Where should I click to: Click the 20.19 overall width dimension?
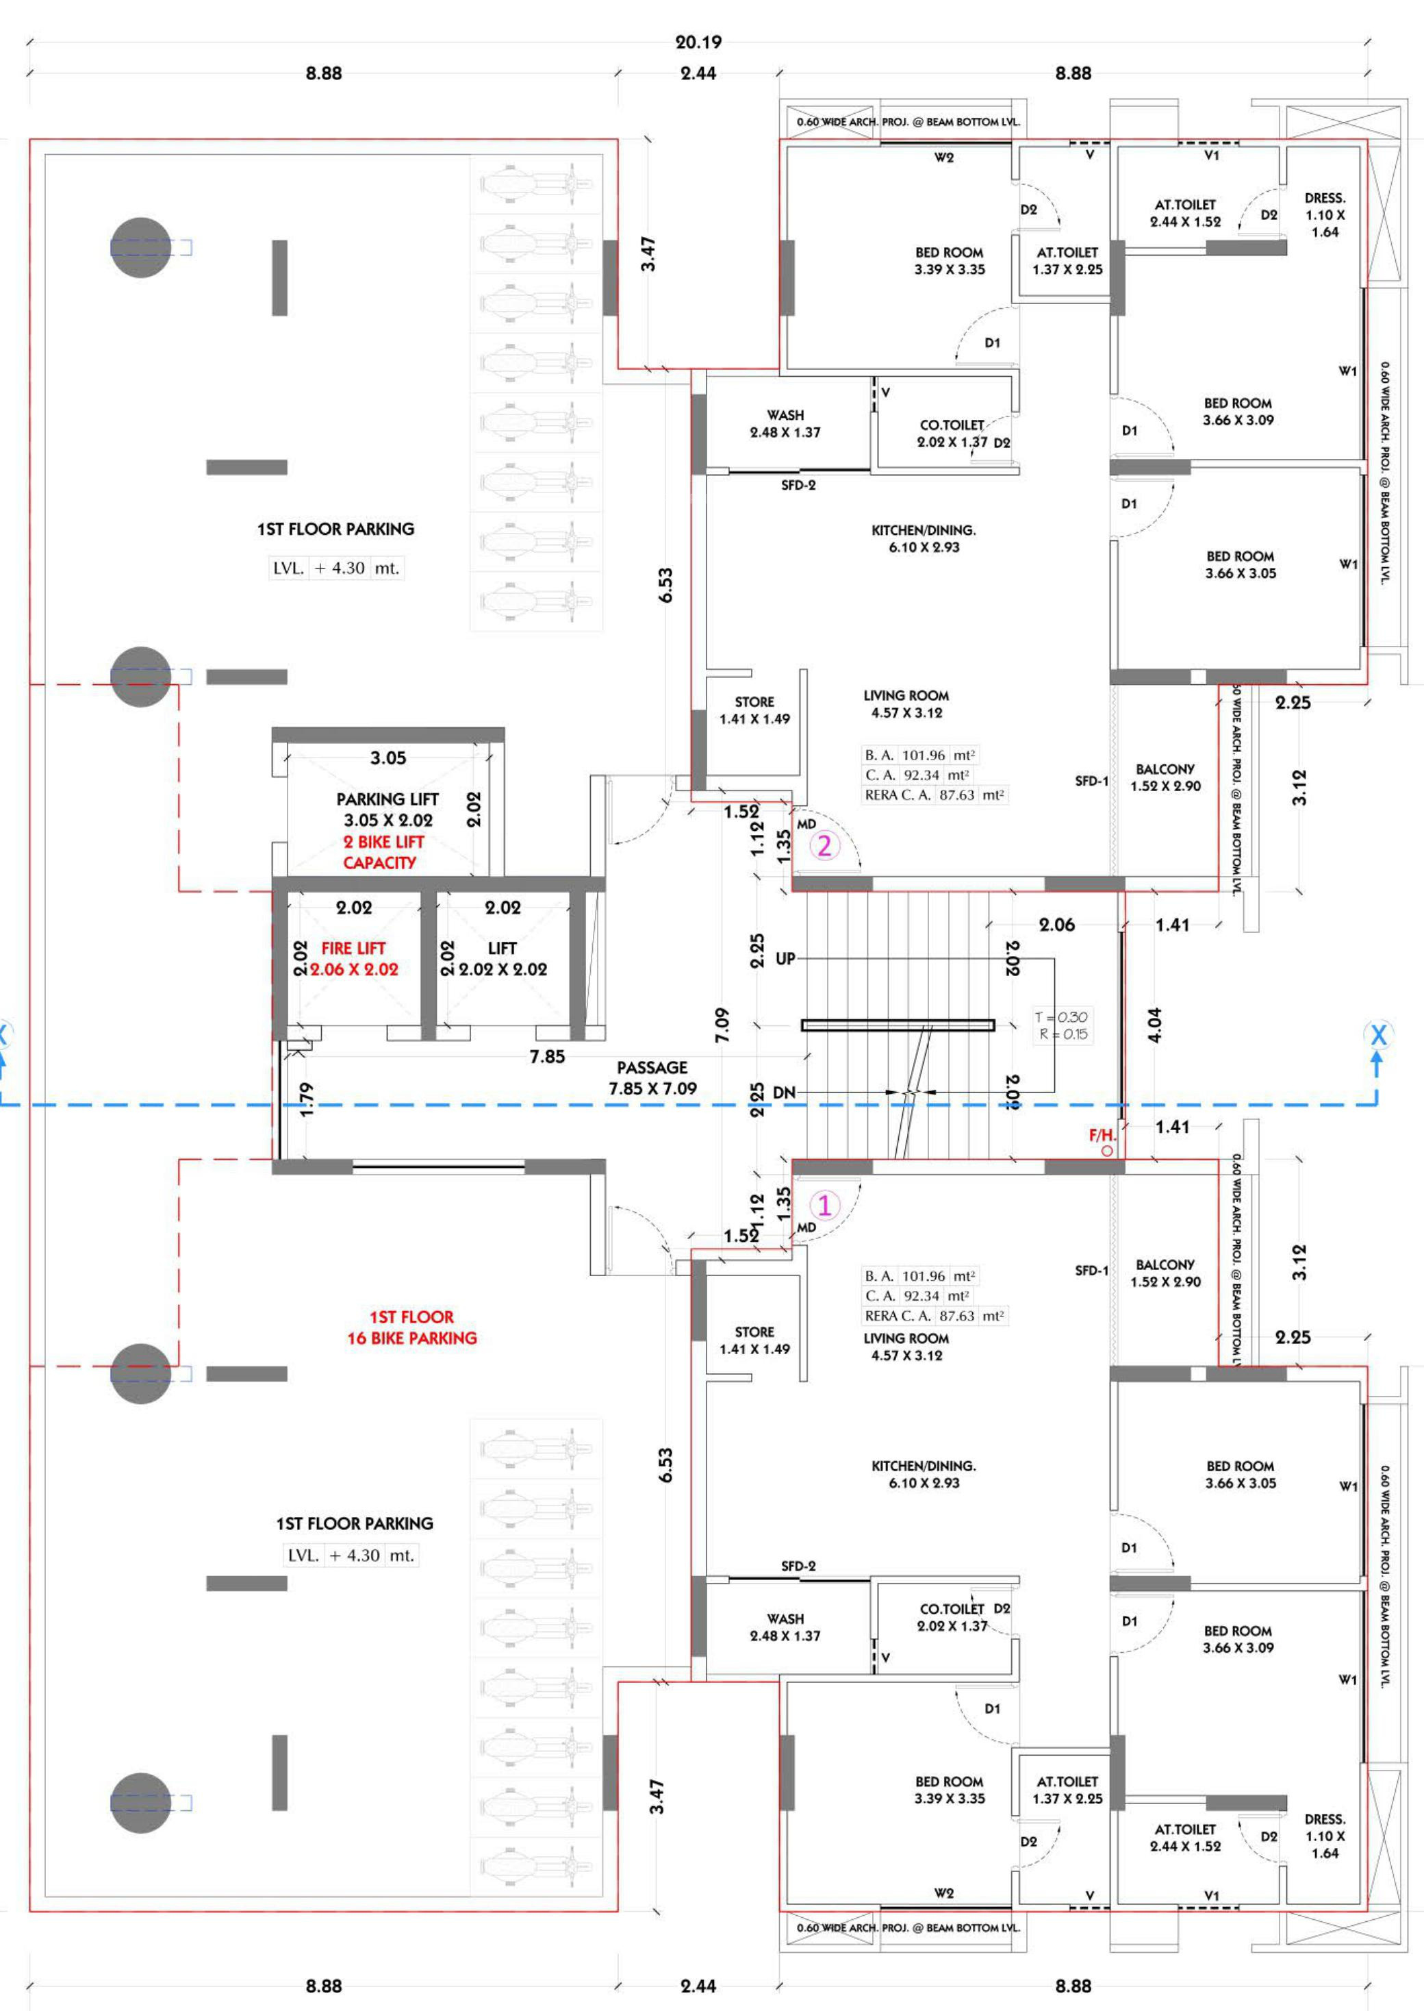pos(698,41)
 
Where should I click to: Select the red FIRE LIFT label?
pos(353,948)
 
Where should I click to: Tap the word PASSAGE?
pos(652,1067)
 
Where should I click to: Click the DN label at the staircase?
pos(784,1092)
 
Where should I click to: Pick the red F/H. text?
pos(1102,1135)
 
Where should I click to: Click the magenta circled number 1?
pos(824,1204)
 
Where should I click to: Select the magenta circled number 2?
pos(824,845)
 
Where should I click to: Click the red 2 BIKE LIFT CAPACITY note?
pos(384,851)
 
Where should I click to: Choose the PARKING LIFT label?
pos(387,799)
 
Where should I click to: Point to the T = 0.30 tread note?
pos(1061,1017)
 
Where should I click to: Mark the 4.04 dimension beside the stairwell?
pos(1154,1025)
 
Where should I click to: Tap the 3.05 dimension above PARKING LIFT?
pos(387,758)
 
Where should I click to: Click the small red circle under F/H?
pos(1108,1151)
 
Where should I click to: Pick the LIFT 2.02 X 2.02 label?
pos(503,958)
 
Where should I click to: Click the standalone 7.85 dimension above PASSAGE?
pos(547,1056)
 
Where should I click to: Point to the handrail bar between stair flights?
pos(898,1025)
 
